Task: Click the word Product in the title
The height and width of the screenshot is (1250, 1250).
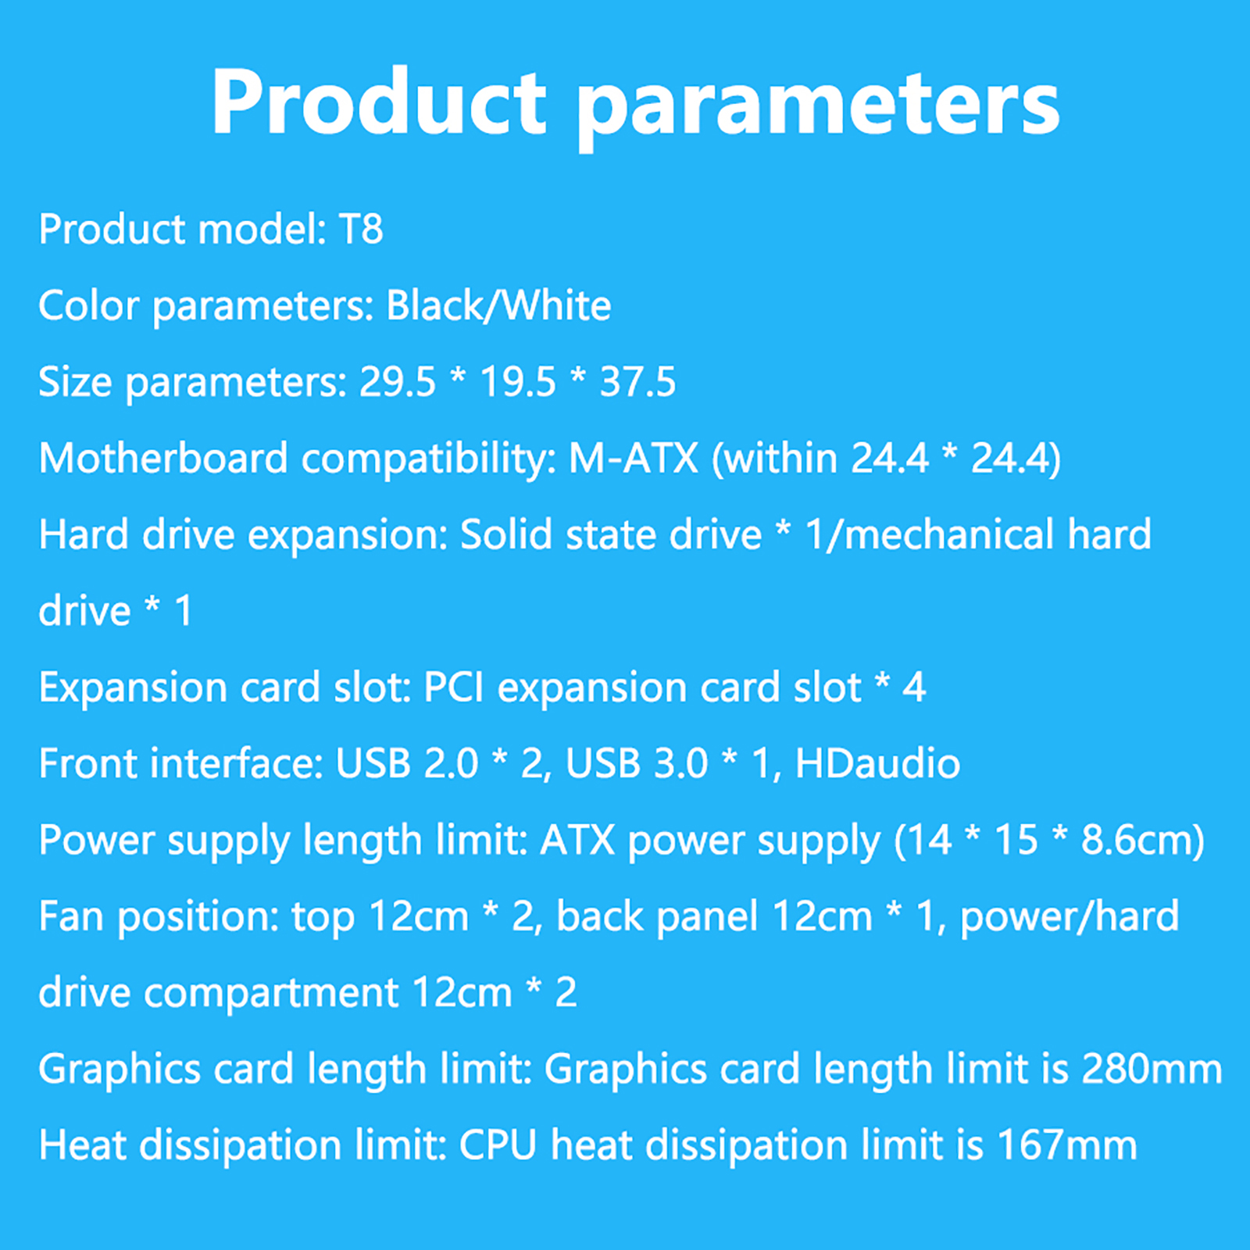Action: pos(379,102)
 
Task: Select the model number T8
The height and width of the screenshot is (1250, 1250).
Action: pos(361,229)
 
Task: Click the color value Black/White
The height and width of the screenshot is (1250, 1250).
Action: pos(498,305)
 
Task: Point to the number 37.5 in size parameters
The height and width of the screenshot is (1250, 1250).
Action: pos(637,382)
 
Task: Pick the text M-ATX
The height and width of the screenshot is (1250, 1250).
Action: pos(634,458)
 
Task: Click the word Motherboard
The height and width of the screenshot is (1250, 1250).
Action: pos(163,458)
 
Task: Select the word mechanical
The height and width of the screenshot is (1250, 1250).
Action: pos(950,534)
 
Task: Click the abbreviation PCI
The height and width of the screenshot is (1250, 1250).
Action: pos(454,687)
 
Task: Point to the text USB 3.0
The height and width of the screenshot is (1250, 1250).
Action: pos(636,763)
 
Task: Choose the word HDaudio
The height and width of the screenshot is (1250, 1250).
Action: pos(877,763)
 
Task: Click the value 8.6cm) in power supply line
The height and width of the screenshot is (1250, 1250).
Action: pos(1143,841)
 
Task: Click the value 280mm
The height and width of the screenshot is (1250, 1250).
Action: pos(1152,1069)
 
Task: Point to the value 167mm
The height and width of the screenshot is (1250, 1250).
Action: pos(1067,1145)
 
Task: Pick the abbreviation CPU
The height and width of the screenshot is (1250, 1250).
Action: pos(498,1145)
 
